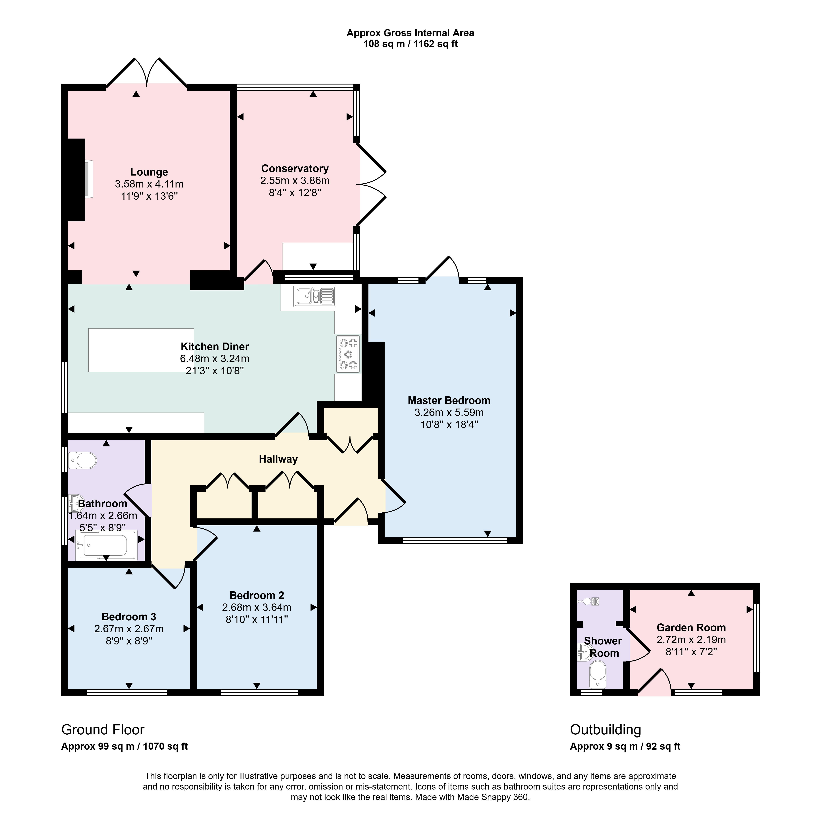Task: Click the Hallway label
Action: [278, 459]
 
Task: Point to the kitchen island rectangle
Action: [141, 350]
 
